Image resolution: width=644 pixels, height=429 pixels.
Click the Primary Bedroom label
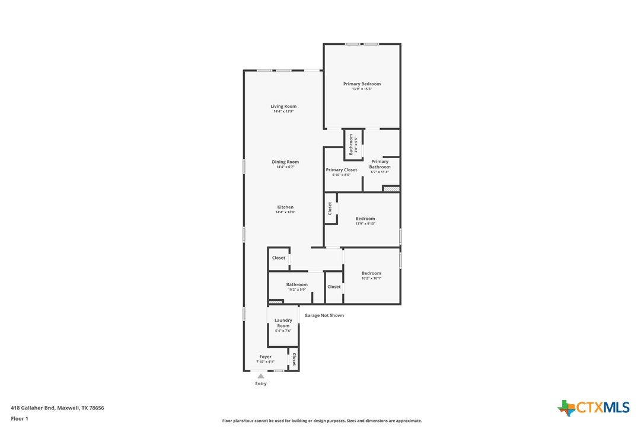click(362, 84)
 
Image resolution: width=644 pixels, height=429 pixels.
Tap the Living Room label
click(283, 106)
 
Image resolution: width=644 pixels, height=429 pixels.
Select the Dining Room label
click(285, 162)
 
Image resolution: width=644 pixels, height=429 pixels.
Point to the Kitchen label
click(285, 207)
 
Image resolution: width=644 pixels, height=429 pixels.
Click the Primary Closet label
click(342, 169)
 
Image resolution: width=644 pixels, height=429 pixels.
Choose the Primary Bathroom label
click(380, 164)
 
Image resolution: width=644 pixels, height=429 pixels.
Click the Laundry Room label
click(283, 323)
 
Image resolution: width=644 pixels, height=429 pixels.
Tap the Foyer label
click(265, 357)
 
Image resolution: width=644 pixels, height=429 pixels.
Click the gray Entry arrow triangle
click(261, 376)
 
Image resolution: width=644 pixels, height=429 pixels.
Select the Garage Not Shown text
click(324, 315)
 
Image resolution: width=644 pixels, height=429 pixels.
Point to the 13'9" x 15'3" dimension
click(362, 89)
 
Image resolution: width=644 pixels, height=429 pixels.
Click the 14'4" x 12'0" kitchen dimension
click(285, 212)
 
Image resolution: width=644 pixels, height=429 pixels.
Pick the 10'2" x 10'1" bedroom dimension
click(371, 278)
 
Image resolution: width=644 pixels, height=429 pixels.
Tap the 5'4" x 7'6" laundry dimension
click(283, 331)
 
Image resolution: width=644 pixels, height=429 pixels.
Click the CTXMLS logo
click(594, 408)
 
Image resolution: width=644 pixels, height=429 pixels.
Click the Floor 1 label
click(20, 419)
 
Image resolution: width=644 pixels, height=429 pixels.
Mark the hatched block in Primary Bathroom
click(391, 189)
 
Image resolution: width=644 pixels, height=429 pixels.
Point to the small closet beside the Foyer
click(294, 359)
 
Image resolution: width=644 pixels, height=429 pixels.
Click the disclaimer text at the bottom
click(322, 421)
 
